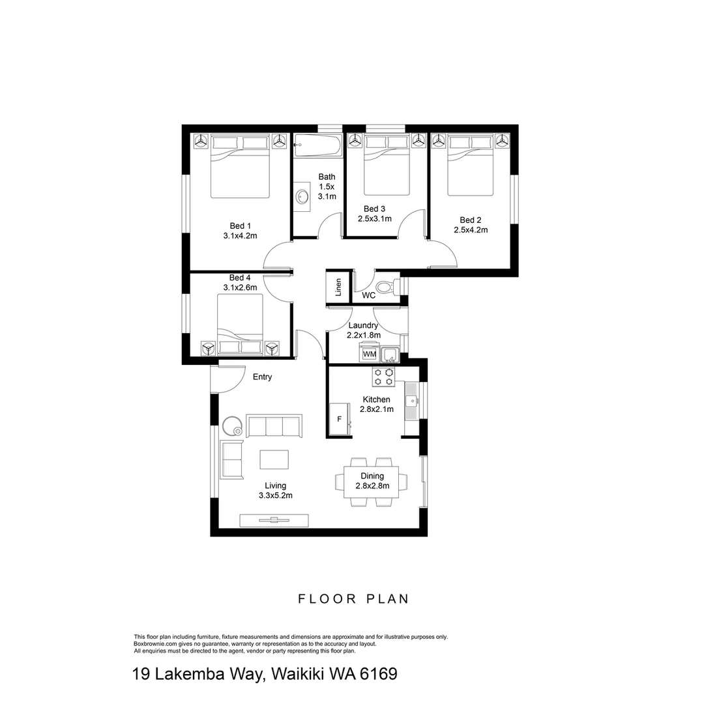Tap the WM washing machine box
[x=370, y=354]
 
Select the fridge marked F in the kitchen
[x=340, y=418]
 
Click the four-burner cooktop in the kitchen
[x=383, y=376]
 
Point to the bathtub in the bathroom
[x=317, y=146]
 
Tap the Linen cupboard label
[x=338, y=287]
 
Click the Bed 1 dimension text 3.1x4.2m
[x=240, y=236]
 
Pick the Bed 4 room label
[x=240, y=278]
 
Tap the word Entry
[x=262, y=377]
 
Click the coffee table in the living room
[x=274, y=460]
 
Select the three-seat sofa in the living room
[x=274, y=426]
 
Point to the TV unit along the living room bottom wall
[x=274, y=520]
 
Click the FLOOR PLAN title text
[x=353, y=599]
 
